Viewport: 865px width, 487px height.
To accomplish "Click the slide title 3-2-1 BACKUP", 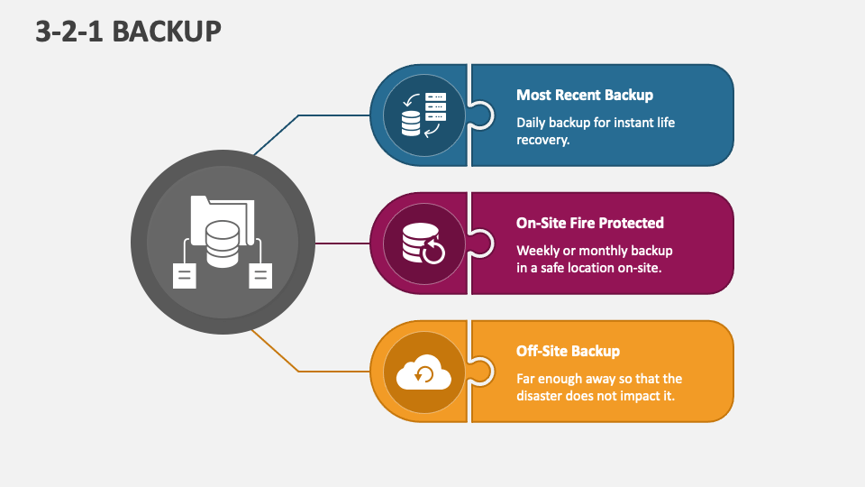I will pyautogui.click(x=129, y=31).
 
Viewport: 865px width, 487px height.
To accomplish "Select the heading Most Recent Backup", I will pyautogui.click(x=584, y=95).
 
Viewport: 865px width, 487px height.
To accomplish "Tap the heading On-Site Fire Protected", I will pyautogui.click(x=589, y=223).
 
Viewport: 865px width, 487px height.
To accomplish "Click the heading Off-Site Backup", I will pyautogui.click(x=568, y=351).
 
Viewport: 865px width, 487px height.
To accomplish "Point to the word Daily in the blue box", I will pyautogui.click(x=531, y=122).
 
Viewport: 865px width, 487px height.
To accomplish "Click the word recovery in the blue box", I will pyautogui.click(x=542, y=140).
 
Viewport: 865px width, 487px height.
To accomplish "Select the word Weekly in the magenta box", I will pyautogui.click(x=537, y=250).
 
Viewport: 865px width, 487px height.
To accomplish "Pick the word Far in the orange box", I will pyautogui.click(x=527, y=379).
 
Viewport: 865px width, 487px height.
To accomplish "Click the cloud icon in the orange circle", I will pyautogui.click(x=423, y=372).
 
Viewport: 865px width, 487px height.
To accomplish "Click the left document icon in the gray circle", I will pyautogui.click(x=185, y=275).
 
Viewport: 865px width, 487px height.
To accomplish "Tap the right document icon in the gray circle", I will pyautogui.click(x=260, y=275).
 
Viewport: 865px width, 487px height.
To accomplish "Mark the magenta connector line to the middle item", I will pyautogui.click(x=342, y=243).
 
